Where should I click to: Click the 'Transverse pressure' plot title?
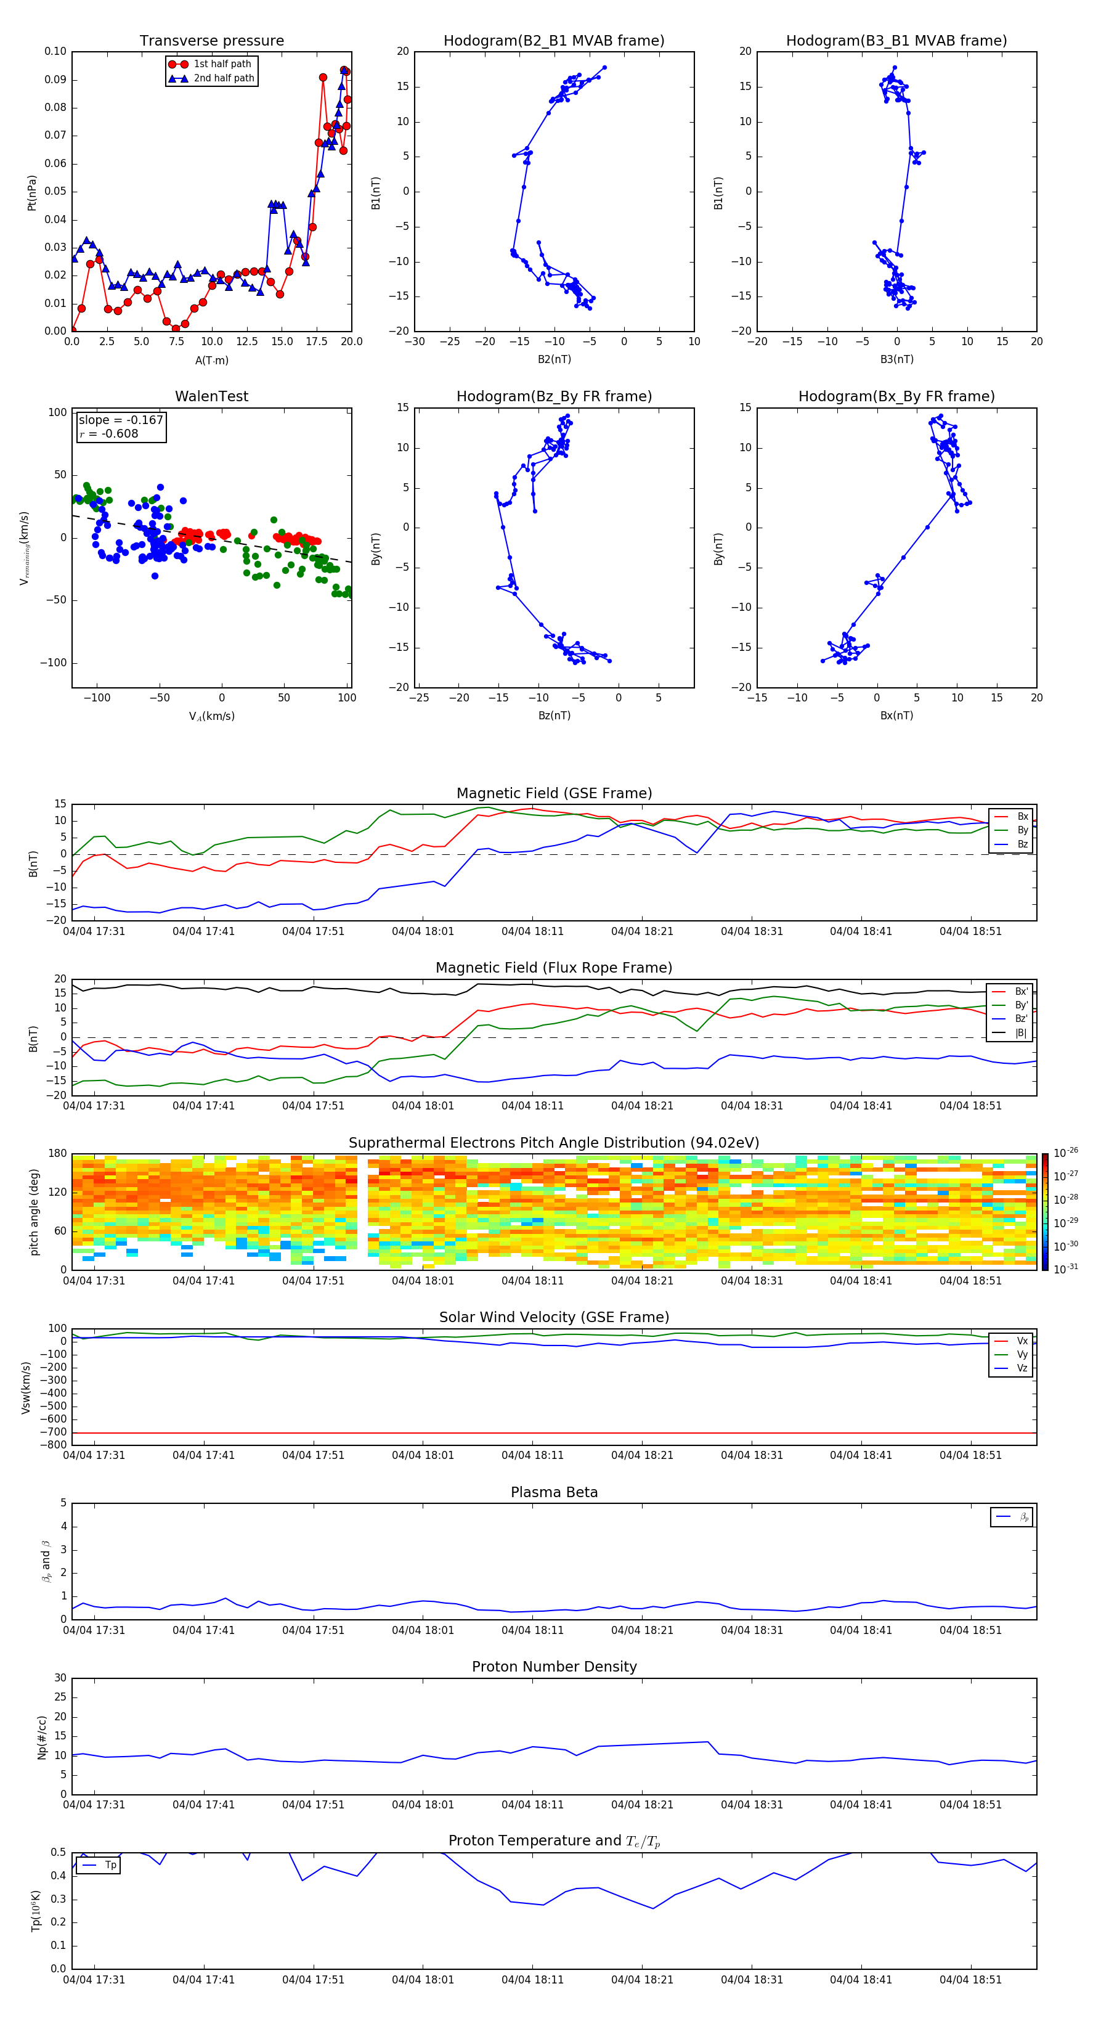[211, 41]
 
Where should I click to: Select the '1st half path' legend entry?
[222, 64]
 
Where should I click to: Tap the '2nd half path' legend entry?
[224, 78]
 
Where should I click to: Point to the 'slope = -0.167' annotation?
[121, 420]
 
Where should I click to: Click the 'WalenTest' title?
[211, 396]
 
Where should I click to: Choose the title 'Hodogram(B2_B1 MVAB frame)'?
[553, 41]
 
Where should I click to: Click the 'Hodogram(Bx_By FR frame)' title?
[896, 396]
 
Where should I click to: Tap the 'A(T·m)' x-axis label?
[211, 360]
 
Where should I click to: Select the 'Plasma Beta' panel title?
[554, 1492]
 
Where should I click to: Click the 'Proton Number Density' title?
[554, 1667]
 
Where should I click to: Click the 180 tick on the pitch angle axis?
[58, 1154]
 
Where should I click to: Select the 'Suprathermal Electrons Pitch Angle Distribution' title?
[554, 1143]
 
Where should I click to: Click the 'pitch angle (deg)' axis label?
[34, 1212]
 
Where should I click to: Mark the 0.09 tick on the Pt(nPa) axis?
[55, 80]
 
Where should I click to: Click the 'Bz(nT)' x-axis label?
[554, 716]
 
